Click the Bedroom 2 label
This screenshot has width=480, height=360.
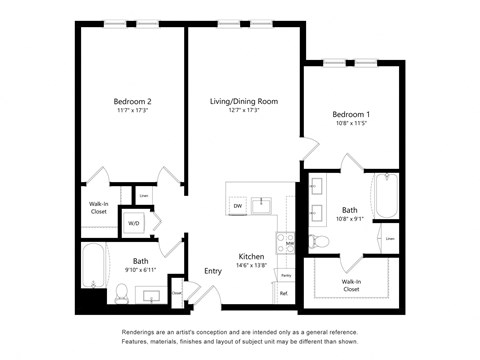(x=132, y=101)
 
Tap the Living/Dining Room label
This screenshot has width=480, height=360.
(x=243, y=101)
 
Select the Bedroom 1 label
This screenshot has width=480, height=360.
(x=352, y=114)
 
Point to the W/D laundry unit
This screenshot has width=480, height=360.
(x=133, y=222)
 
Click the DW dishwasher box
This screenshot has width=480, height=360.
(x=238, y=206)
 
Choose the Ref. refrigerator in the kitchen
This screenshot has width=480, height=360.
(x=284, y=293)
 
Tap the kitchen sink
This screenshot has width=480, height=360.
(x=262, y=206)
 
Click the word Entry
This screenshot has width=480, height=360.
(x=213, y=271)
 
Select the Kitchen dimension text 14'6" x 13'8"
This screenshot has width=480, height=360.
(x=251, y=265)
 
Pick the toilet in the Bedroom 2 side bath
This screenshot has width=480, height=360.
(x=120, y=292)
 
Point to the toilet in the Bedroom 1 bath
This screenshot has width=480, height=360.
(x=319, y=240)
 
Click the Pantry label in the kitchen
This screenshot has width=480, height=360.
(x=286, y=273)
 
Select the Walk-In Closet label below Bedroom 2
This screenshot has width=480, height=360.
(x=98, y=208)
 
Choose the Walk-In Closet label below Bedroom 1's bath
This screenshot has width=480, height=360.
(x=351, y=284)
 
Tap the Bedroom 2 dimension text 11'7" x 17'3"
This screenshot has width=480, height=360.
(x=132, y=111)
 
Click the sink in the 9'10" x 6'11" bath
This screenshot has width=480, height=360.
(x=153, y=296)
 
